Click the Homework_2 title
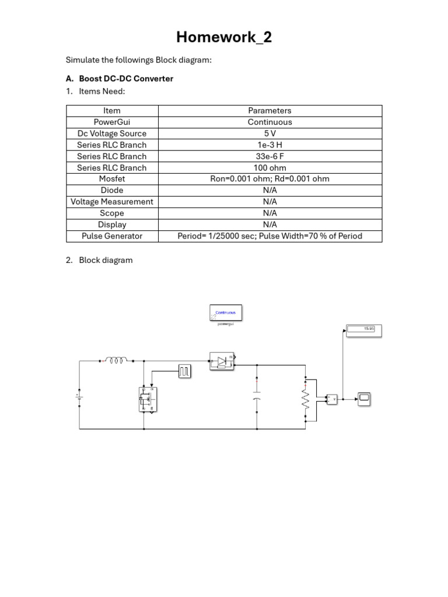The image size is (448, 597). (x=224, y=38)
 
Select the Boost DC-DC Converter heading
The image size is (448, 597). (x=126, y=79)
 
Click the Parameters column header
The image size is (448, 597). (x=269, y=111)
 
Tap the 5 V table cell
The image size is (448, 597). (x=269, y=134)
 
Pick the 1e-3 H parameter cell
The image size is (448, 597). (x=269, y=145)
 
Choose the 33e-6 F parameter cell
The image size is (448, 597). (x=269, y=156)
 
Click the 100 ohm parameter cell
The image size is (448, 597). (x=269, y=167)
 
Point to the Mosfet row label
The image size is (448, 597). (x=112, y=179)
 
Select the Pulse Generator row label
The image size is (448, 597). (x=112, y=236)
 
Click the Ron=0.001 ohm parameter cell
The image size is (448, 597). (x=269, y=179)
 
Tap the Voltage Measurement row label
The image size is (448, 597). (x=112, y=202)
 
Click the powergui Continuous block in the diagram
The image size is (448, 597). (x=226, y=313)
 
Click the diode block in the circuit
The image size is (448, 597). (x=222, y=361)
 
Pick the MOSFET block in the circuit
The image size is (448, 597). (x=146, y=399)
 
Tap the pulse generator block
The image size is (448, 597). (x=184, y=370)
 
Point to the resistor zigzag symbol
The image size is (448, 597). (x=305, y=399)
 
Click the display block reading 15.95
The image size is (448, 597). (x=364, y=330)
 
